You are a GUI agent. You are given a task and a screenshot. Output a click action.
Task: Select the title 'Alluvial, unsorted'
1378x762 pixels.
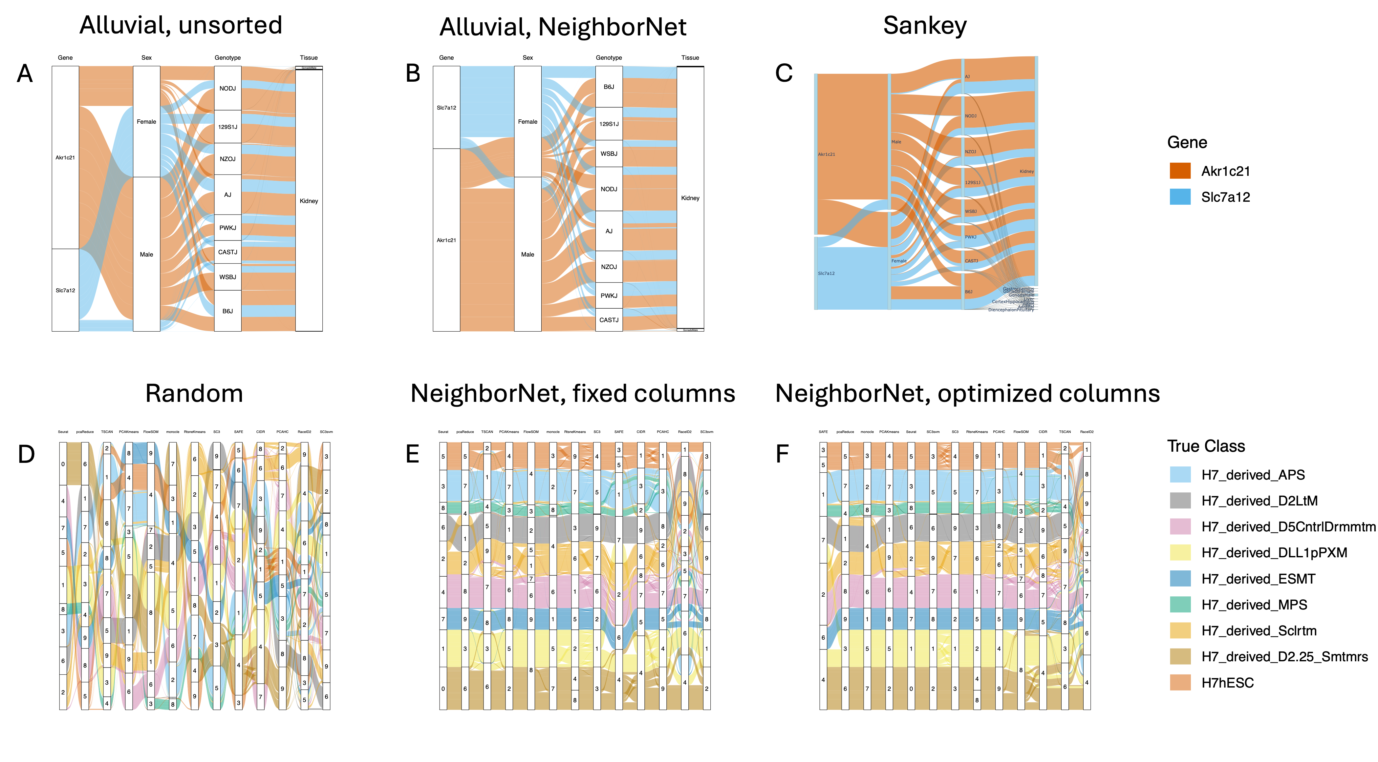tap(181, 25)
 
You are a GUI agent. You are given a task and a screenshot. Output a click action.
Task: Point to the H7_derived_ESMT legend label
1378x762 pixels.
tap(1258, 579)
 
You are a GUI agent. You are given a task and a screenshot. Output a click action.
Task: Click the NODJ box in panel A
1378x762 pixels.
tap(227, 88)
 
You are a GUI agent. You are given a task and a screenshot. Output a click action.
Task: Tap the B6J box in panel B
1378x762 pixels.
tap(609, 87)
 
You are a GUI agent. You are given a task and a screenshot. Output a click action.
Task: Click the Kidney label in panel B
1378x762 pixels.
tap(690, 198)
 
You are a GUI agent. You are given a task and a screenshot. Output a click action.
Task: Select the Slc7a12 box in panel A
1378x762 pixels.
tap(65, 290)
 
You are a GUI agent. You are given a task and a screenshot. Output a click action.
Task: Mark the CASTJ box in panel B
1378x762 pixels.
tap(609, 320)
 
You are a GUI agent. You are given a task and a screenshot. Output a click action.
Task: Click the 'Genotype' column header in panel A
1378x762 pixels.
tap(227, 58)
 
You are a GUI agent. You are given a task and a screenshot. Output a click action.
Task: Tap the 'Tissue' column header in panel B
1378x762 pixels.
tap(690, 58)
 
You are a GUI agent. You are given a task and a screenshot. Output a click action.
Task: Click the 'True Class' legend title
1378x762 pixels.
tap(1206, 446)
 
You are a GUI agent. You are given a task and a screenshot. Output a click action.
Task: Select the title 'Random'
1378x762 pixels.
tap(194, 394)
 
